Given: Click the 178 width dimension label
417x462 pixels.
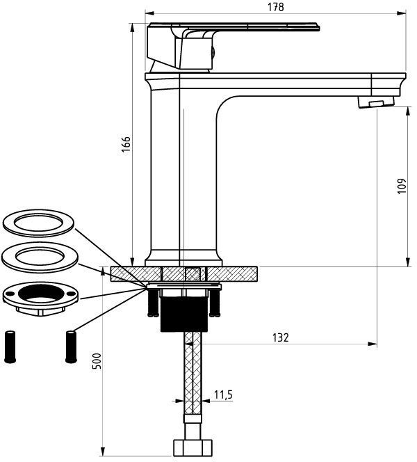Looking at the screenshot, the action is pos(276,7).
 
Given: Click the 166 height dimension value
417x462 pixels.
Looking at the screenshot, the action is pos(126,144).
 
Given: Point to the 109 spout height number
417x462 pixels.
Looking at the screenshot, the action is pos(402,186).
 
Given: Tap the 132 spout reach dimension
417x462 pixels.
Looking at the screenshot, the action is pos(281,337).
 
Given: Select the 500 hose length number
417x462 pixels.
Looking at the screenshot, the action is pos(97,360).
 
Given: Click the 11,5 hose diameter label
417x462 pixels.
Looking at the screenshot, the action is pos(223,395).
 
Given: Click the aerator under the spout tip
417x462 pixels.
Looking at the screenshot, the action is pos(376,102).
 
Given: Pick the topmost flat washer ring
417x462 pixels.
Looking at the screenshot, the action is pos(38,223).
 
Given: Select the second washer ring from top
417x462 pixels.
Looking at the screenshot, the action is pos(40,257).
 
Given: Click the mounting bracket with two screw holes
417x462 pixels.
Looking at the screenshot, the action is pos(40,298).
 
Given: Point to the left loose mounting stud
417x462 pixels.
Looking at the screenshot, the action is pos(10,346).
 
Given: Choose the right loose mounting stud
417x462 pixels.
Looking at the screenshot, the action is pos(71,346).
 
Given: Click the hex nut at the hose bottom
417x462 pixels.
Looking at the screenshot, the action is pos(193,448).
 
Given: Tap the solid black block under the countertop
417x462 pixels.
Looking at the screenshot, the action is pos(184,314).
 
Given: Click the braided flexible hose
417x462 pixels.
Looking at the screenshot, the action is pos(193,373).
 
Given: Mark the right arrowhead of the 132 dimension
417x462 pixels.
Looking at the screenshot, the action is pos(373,344).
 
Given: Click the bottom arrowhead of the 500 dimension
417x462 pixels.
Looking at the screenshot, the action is pos(102,460).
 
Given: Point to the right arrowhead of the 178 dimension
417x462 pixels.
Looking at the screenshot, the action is pos(402,13).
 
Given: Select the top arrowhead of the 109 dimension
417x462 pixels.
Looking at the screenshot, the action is pos(408,111).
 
